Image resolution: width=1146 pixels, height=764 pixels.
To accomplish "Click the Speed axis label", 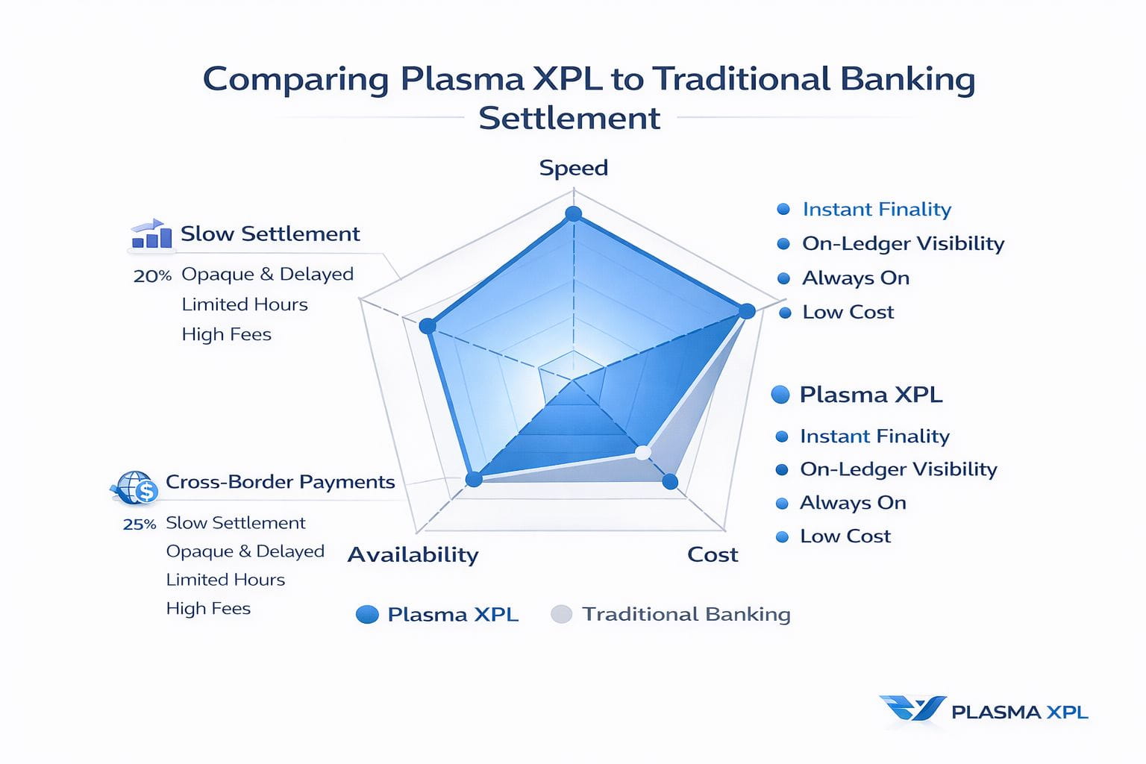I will click(x=573, y=168).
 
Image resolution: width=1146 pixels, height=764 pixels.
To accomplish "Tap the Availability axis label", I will click(x=413, y=554).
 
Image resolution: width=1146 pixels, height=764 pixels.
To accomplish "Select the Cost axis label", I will click(x=713, y=554).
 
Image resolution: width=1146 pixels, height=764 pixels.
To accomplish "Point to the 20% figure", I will click(x=152, y=276).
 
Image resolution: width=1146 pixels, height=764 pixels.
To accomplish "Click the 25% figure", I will click(x=140, y=525).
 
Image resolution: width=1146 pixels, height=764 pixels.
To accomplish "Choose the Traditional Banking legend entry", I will click(x=685, y=614).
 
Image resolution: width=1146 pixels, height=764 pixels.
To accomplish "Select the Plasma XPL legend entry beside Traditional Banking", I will click(x=452, y=615).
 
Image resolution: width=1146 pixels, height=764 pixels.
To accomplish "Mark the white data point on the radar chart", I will click(x=642, y=452).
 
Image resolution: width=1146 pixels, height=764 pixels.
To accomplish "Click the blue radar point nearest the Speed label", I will click(x=573, y=214).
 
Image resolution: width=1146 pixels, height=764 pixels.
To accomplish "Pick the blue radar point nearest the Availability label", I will click(x=473, y=479).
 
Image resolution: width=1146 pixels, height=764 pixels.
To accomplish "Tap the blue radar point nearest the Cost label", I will click(x=670, y=482).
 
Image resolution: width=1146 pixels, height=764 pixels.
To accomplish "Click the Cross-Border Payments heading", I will click(x=280, y=482).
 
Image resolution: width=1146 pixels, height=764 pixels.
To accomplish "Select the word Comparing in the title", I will click(x=295, y=80).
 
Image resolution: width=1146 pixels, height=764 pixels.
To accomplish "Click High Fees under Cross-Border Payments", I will click(x=208, y=609).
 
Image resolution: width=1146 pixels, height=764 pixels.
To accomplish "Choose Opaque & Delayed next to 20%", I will click(x=267, y=275).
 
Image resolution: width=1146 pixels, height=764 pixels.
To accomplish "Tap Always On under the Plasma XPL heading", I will click(x=853, y=503).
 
